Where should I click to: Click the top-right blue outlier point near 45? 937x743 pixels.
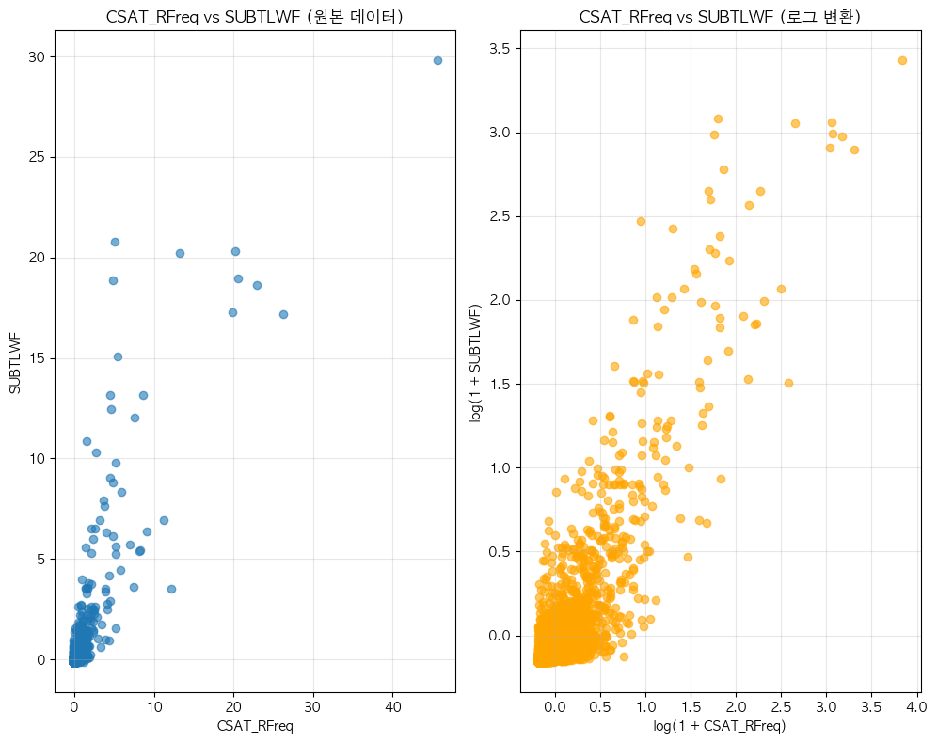[x=437, y=60]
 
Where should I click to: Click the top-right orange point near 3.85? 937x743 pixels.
[x=902, y=60]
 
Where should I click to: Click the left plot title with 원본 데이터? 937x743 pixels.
[x=255, y=16]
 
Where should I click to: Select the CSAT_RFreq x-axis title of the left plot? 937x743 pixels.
[x=255, y=725]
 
